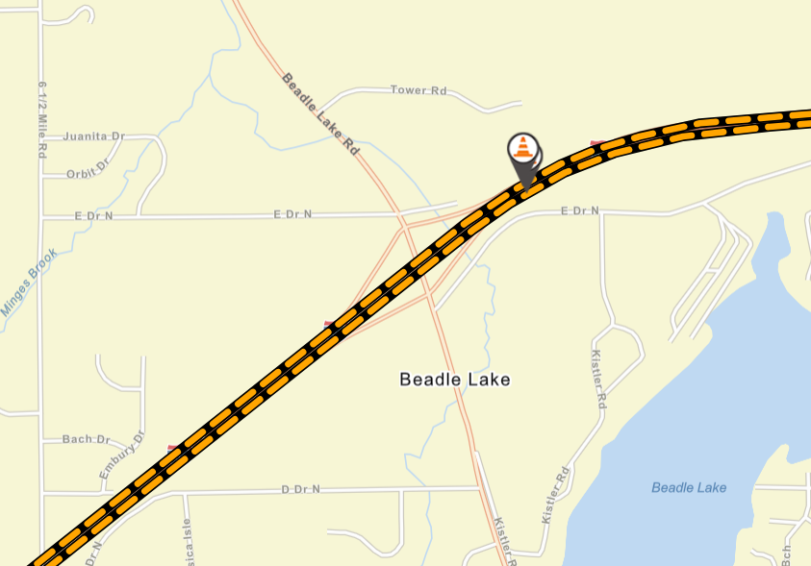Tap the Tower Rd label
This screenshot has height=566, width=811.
coord(418,90)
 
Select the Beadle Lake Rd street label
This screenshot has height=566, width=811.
coord(320,113)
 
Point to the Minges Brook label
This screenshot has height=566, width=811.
coord(30,283)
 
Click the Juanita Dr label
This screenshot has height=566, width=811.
coord(94,136)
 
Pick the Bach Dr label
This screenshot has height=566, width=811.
coord(86,439)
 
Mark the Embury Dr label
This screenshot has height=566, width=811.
coord(121,456)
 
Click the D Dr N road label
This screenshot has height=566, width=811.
coord(300,490)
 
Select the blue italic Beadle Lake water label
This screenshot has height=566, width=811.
coord(689,488)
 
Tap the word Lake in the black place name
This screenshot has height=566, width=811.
coord(488,380)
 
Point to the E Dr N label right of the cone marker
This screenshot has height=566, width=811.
coord(580,210)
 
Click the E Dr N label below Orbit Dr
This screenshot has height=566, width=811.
coord(93,216)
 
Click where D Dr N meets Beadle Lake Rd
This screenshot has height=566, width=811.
coord(478,489)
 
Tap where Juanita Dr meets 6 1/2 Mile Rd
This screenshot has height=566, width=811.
coord(41,137)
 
